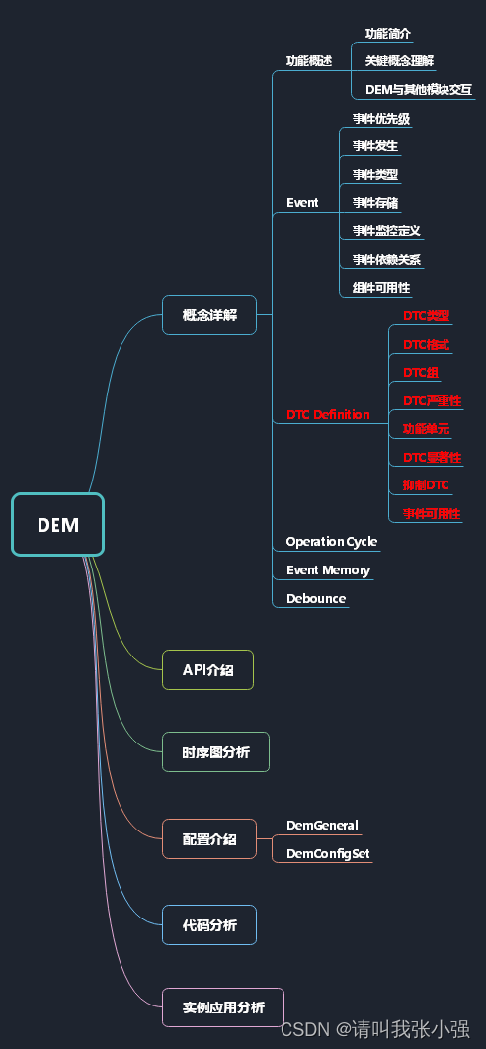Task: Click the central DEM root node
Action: tap(57, 525)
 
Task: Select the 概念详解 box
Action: tap(209, 315)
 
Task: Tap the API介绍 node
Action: tap(207, 669)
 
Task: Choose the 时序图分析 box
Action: tap(215, 752)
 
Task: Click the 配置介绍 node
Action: tap(209, 838)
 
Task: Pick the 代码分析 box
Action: tap(209, 925)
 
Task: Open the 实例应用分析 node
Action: tap(223, 1007)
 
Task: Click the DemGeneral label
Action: tap(322, 825)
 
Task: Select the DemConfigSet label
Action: tap(328, 853)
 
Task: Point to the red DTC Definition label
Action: tap(328, 414)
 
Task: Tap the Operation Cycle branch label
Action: tap(331, 541)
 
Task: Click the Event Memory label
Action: tap(328, 569)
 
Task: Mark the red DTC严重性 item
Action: tap(432, 400)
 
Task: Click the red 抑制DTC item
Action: tap(426, 484)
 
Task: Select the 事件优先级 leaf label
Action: tap(381, 119)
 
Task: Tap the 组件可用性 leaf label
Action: tap(381, 288)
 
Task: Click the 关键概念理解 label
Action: tap(399, 60)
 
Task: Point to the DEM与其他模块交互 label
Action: tap(419, 89)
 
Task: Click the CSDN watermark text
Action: tap(374, 1029)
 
